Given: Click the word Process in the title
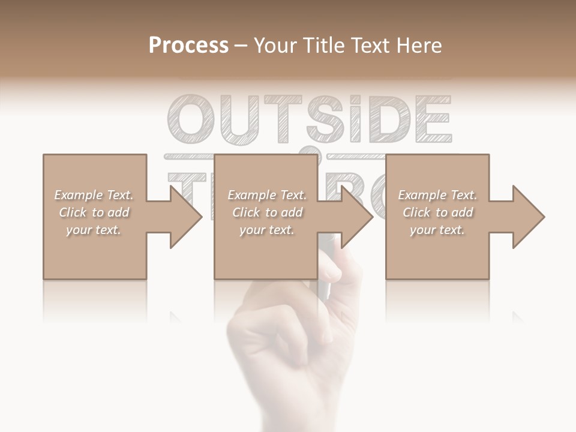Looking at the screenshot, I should (188, 46).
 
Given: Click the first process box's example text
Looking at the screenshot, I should (94, 212).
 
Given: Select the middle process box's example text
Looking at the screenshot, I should (267, 212).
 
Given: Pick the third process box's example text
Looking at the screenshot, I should (437, 212).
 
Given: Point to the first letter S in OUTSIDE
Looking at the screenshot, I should (322, 118).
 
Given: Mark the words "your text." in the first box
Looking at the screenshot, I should (94, 230).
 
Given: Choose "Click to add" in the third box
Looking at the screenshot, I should (437, 212).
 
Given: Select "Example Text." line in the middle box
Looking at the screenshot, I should (267, 195).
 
